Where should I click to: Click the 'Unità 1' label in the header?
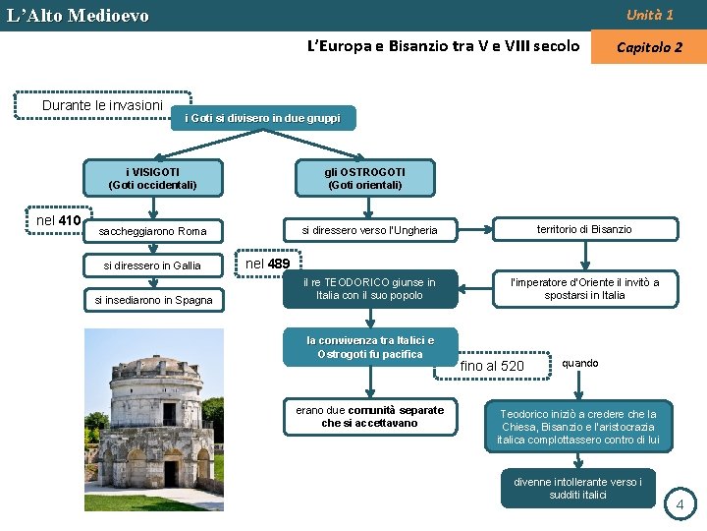pyautogui.click(x=650, y=15)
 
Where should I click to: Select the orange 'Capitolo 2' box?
pyautogui.click(x=649, y=47)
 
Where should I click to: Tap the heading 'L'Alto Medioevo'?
pyautogui.click(x=78, y=16)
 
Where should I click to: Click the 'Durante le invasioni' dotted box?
pyautogui.click(x=89, y=105)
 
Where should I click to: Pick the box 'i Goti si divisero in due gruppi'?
pyautogui.click(x=262, y=118)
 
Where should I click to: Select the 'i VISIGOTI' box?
pyautogui.click(x=152, y=178)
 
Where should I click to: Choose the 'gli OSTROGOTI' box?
pyautogui.click(x=364, y=178)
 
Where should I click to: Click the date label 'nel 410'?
pyautogui.click(x=58, y=220)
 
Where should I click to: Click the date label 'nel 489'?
pyautogui.click(x=267, y=264)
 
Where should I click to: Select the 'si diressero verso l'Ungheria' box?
pyautogui.click(x=369, y=231)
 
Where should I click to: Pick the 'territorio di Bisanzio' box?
pyautogui.click(x=584, y=229)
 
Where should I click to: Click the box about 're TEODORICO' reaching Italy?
pyautogui.click(x=369, y=288)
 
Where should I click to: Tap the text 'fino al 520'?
pyautogui.click(x=492, y=367)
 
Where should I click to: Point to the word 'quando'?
pyautogui.click(x=579, y=363)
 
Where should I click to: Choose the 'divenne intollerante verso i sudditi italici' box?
pyautogui.click(x=577, y=488)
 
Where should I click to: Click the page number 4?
pyautogui.click(x=682, y=505)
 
